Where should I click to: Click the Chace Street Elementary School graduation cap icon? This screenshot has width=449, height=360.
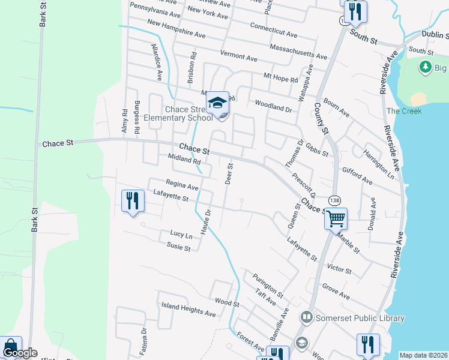click(x=217, y=103)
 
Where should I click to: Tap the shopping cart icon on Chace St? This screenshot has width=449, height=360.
click(x=336, y=219)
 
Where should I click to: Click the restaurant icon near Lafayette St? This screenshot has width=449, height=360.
click(x=133, y=201)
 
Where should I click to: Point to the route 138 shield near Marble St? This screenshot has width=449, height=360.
click(x=334, y=200)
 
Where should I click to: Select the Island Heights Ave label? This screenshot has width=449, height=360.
click(x=188, y=310)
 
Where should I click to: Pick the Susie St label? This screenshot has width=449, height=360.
click(x=178, y=247)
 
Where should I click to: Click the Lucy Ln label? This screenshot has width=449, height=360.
click(x=181, y=234)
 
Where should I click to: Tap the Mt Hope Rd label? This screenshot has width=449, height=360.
click(x=281, y=77)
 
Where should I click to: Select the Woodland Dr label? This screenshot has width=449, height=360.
click(x=273, y=106)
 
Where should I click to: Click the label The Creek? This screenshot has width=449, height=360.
click(x=403, y=111)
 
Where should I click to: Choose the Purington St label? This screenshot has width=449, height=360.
click(x=268, y=286)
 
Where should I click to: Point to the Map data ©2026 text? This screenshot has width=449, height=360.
click(x=424, y=355)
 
